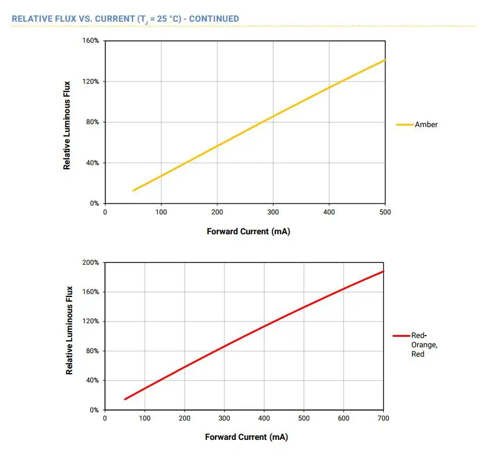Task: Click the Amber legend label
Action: coord(426,125)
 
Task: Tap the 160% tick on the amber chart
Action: coord(91,41)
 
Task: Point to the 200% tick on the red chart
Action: coord(91,262)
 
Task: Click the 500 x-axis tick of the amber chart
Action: coord(385,212)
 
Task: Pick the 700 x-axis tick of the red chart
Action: coord(383,419)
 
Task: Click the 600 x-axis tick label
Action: coord(343,419)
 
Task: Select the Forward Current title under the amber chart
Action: coord(248,231)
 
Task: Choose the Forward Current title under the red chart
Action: coord(246,437)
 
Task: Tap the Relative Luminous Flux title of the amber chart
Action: coord(67,125)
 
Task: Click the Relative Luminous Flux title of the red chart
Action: coord(69,330)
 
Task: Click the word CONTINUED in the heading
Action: coord(214,19)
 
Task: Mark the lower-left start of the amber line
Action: coord(134,190)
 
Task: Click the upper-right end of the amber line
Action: coord(385,60)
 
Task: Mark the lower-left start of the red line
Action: coord(125,399)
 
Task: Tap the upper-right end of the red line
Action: coord(383,271)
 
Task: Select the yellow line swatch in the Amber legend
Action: coord(405,125)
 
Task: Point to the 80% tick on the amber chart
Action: coord(93,122)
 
